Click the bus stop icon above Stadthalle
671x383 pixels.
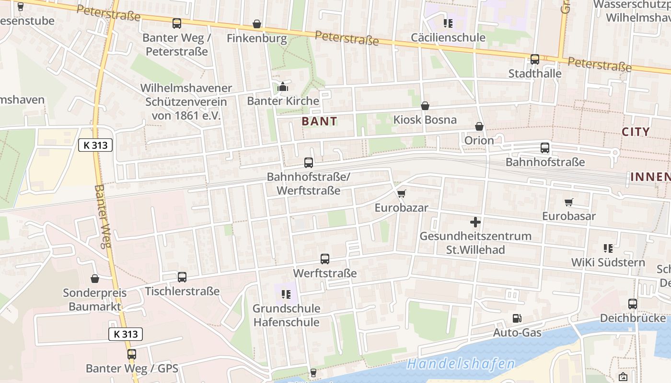coord(535,59)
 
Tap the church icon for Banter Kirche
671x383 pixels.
coord(283,87)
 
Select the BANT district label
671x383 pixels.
coord(320,122)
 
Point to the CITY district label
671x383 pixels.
coord(636,132)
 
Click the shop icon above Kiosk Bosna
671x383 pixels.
coord(425,106)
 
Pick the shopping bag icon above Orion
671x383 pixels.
coord(479,126)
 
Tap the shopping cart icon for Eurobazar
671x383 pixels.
coord(401,193)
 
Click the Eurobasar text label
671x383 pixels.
coord(569,216)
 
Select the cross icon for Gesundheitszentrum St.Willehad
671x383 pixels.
coord(475,222)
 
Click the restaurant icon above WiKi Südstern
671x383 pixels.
coord(608,248)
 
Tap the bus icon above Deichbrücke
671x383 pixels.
coord(633,304)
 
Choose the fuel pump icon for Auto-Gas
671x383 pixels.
coord(517,318)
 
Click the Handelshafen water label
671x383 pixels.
coord(461,364)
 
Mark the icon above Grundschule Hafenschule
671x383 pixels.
coord(286,294)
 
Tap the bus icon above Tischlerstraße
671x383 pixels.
coord(182,277)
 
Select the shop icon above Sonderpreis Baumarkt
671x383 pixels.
coord(95,278)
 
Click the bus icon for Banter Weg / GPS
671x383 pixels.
coord(131,354)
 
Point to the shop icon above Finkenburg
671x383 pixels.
coord(257,24)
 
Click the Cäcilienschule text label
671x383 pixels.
coord(448,37)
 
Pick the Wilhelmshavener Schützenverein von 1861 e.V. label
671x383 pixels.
coord(186,101)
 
